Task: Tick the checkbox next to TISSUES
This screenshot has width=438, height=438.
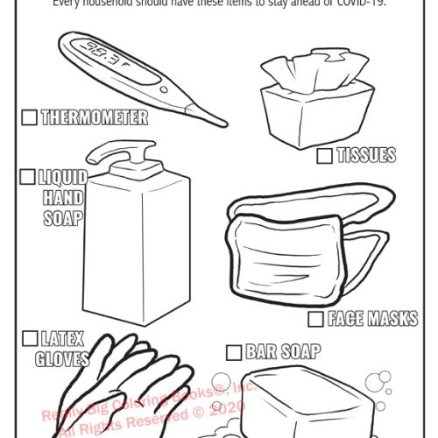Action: click(324, 156)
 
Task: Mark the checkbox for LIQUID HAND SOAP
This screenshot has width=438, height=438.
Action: click(28, 177)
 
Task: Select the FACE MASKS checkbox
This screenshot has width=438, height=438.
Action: click(316, 319)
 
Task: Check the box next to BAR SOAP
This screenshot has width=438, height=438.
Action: click(233, 352)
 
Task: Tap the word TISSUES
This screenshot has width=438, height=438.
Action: click(366, 156)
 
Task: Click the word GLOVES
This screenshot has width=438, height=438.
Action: click(63, 358)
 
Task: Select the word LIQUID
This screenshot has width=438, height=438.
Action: click(63, 177)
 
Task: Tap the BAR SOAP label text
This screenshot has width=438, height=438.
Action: click(282, 352)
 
